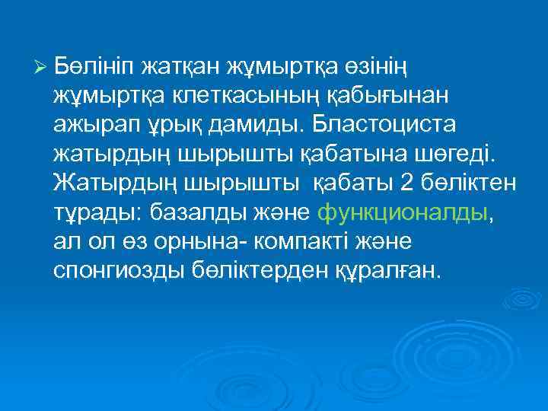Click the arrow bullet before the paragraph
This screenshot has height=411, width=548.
pos(43,67)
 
